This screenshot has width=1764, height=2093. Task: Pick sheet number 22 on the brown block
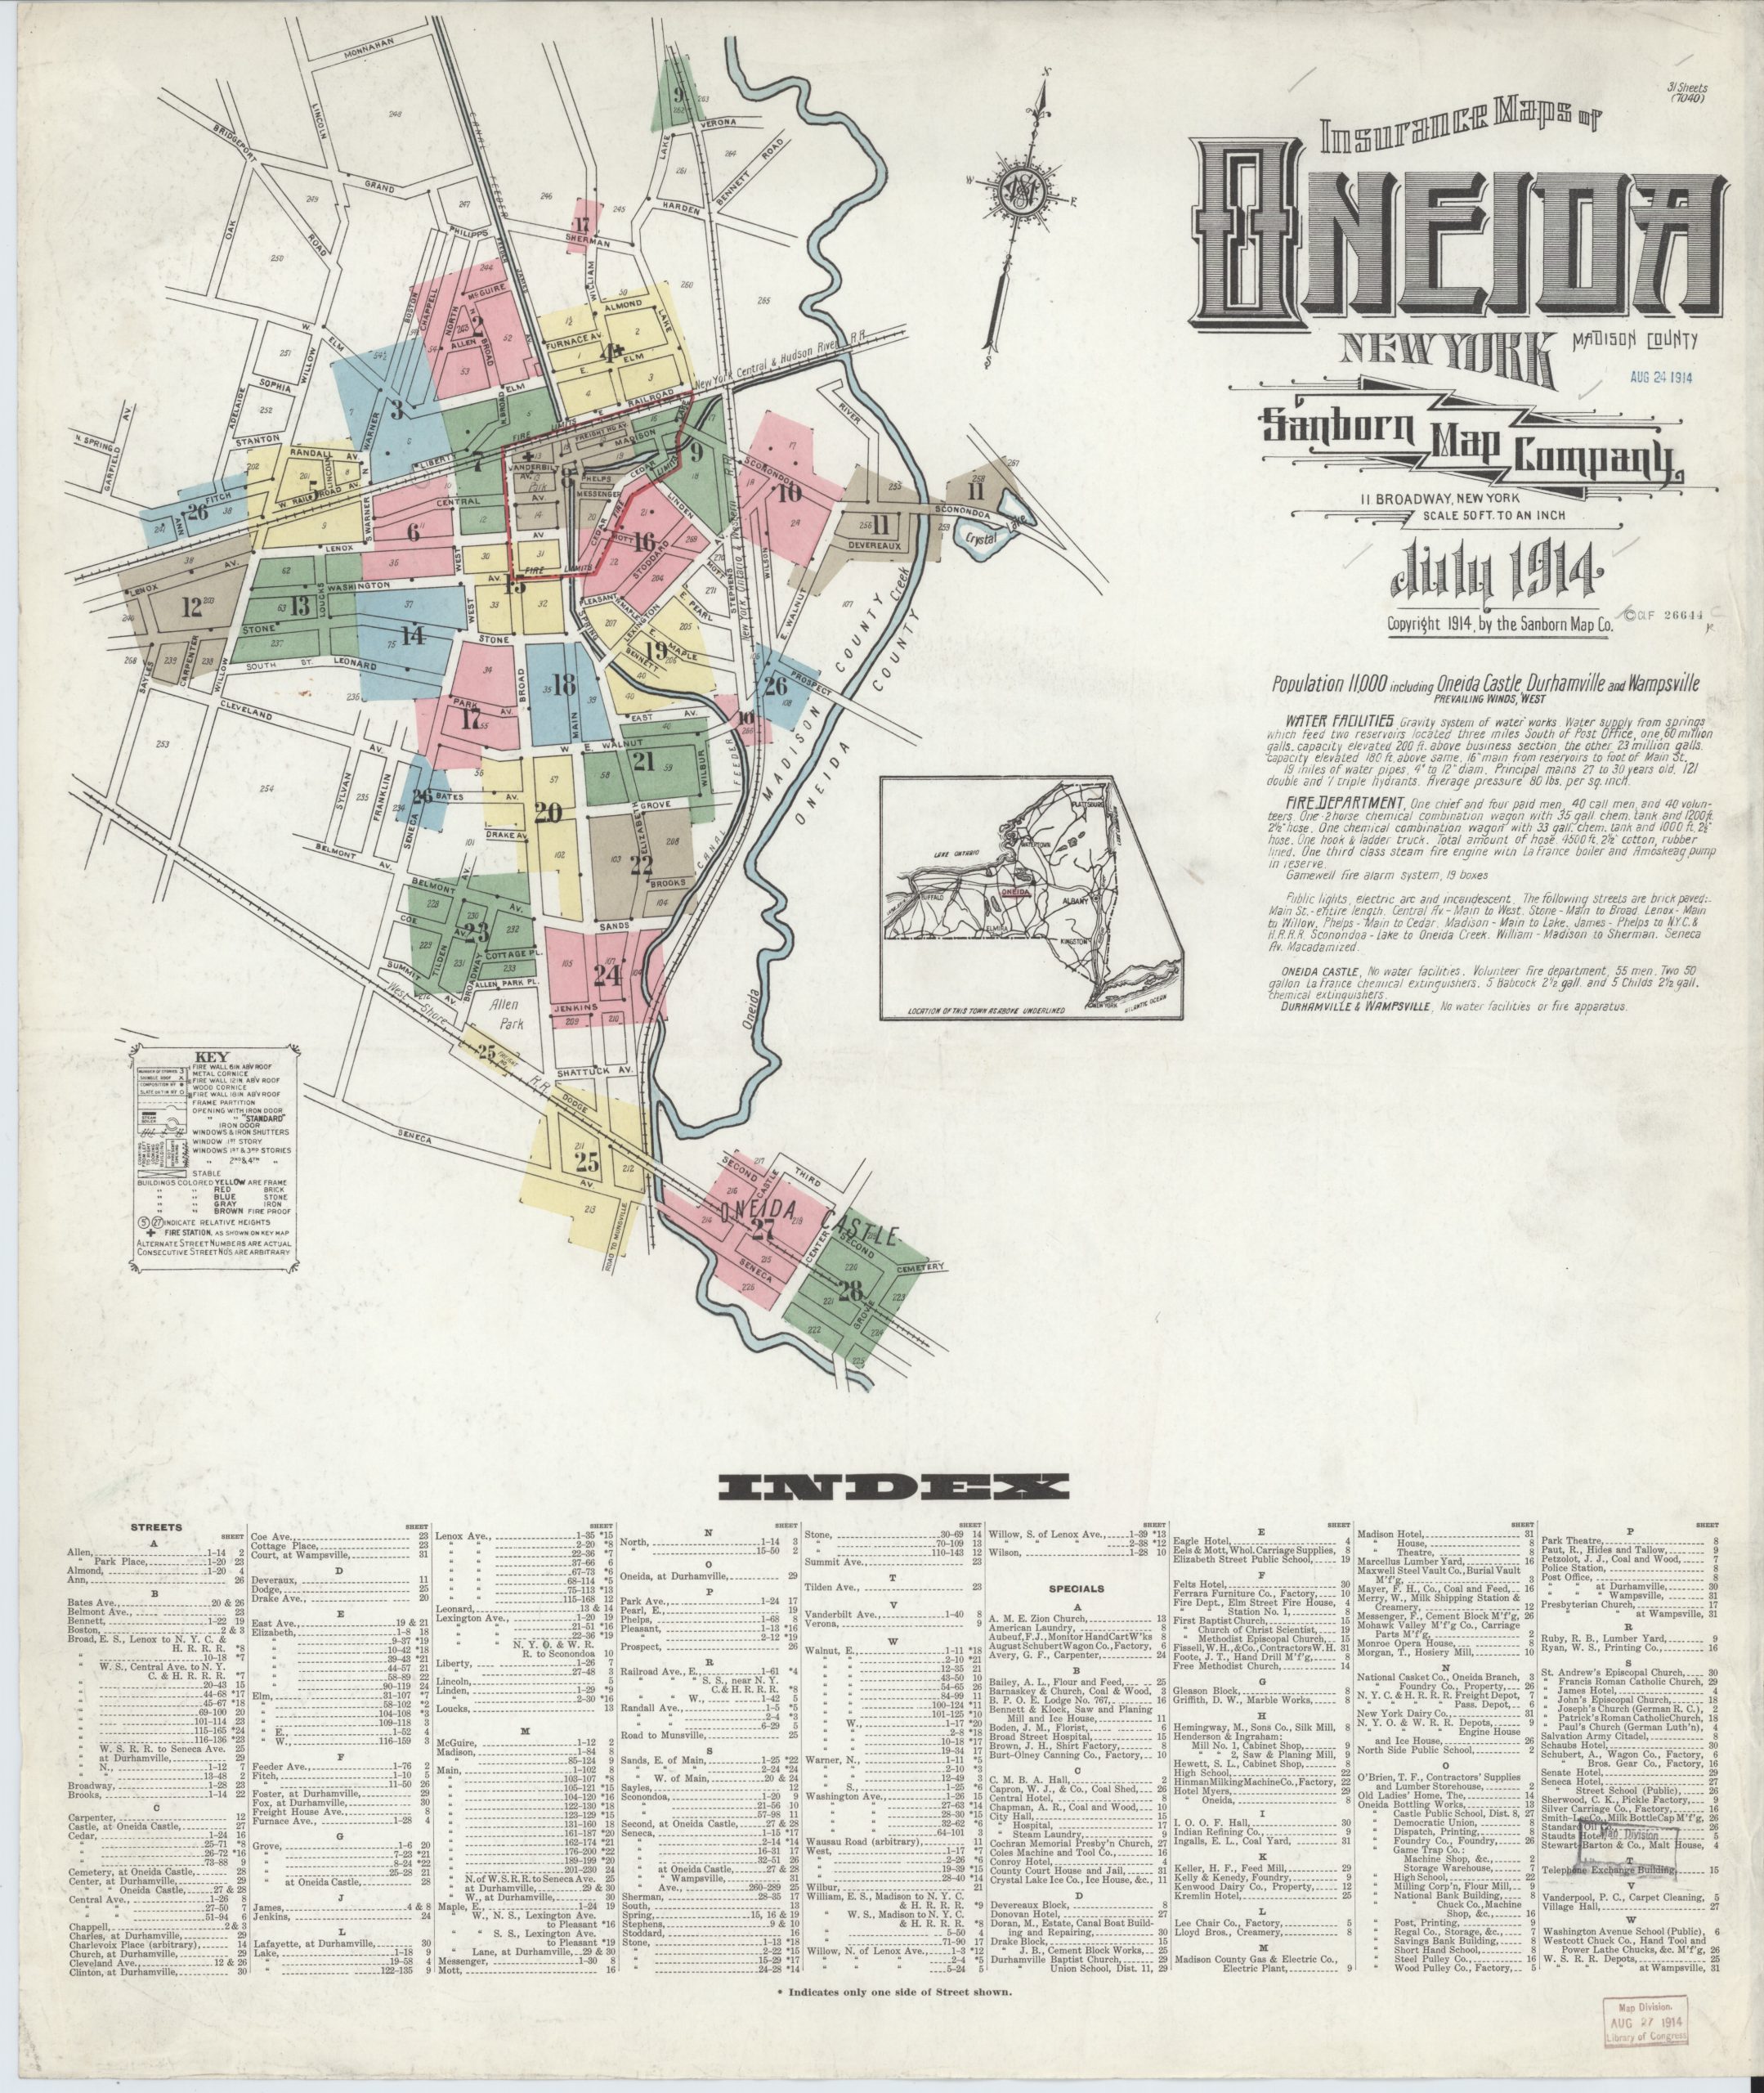641,866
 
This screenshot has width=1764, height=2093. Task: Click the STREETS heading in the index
156,1556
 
